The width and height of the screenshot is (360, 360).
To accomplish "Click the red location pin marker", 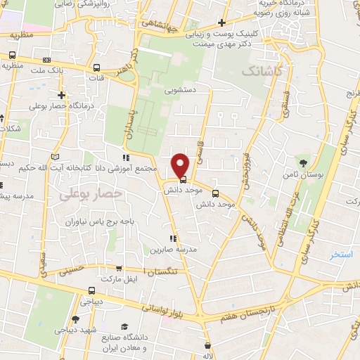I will click(181, 165).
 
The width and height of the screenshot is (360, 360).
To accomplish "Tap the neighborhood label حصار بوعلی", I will click(91, 192).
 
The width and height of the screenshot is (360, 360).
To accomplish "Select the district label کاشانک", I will click(262, 72).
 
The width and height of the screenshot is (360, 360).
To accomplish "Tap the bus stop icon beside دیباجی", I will click(91, 290).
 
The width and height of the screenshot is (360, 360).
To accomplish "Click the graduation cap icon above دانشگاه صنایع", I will click(124, 327).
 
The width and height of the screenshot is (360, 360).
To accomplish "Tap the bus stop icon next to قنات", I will click(96, 68).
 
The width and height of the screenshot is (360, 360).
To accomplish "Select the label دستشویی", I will click(181, 91).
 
